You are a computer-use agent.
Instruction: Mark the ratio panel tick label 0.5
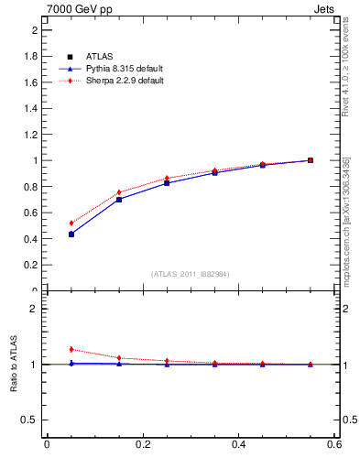pos(30,420)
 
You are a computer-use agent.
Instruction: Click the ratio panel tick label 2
pos(34,309)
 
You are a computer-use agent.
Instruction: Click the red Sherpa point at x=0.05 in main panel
pos(71,223)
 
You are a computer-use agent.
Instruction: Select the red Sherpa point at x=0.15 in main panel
pos(119,192)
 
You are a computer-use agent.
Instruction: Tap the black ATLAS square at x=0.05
pos(71,234)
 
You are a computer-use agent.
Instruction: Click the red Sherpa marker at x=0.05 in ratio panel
pos(71,349)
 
